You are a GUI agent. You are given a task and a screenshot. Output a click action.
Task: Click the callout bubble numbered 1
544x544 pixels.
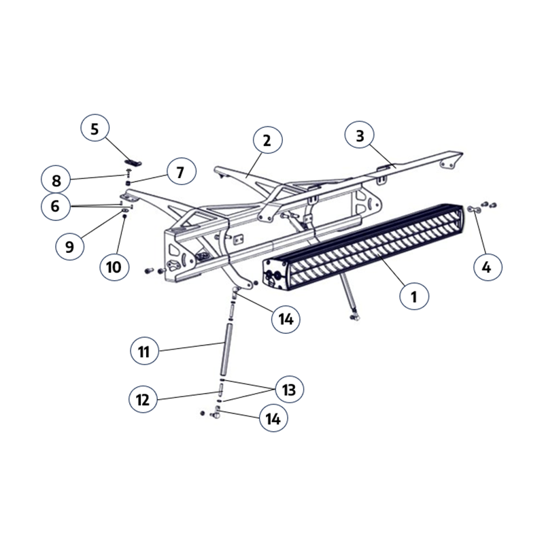414,296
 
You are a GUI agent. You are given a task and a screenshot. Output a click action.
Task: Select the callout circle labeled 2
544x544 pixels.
267,140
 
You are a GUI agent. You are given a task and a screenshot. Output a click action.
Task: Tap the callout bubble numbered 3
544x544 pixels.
360,135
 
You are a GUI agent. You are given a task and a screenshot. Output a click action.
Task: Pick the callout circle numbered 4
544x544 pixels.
487,267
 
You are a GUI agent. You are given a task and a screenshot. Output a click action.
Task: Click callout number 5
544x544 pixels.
95,129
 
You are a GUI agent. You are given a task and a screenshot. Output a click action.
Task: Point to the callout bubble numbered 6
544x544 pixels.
56,206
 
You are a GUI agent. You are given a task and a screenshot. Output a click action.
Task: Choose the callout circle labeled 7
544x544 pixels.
181,172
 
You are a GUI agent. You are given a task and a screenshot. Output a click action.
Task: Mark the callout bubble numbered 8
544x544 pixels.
56,180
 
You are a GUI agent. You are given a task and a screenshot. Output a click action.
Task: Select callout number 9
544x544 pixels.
70,246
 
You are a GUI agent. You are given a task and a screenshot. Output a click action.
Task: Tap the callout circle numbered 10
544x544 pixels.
114,267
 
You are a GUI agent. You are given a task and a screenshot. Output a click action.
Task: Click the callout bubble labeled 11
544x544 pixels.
144,351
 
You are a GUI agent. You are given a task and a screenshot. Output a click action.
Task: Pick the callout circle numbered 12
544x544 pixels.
143,399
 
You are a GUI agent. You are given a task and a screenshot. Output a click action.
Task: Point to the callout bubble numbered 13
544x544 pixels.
289,389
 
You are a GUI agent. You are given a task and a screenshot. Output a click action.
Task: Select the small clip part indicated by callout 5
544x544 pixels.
133,162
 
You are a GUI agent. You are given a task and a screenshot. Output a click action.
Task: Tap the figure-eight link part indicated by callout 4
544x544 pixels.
474,209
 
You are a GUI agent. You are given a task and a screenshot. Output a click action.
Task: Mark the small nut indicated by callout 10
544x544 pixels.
125,216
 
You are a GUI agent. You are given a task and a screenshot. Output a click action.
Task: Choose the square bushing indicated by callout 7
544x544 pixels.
128,183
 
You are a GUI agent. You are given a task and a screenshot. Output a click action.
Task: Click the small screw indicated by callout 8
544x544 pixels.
128,172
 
